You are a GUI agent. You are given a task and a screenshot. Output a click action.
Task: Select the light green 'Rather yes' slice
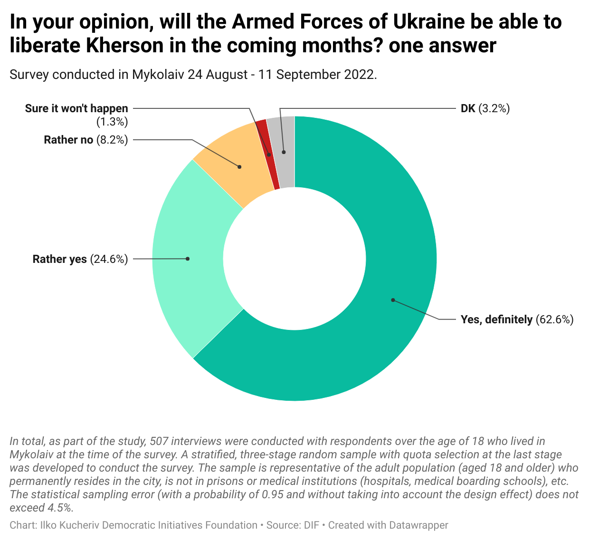pos(190,259)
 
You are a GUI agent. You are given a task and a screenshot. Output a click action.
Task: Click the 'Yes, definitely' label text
pos(496,319)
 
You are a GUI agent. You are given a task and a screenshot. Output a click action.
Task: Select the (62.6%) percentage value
pos(555,319)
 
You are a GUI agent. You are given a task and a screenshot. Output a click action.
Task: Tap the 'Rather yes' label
pos(60,259)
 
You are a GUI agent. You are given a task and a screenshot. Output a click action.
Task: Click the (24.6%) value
pos(109,259)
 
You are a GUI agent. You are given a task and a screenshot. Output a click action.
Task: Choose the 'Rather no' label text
pos(68,140)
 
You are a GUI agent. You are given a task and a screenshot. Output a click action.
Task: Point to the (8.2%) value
pos(112,140)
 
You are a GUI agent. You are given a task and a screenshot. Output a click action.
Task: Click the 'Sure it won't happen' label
pos(76,108)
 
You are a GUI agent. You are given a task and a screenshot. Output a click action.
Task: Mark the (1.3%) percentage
pos(112,122)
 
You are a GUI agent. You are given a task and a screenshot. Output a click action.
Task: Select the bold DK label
pos(468,108)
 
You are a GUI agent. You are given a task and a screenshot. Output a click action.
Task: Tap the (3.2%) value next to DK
pos(494,108)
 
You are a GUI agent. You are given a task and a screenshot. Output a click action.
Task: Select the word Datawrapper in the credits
pos(418,525)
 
